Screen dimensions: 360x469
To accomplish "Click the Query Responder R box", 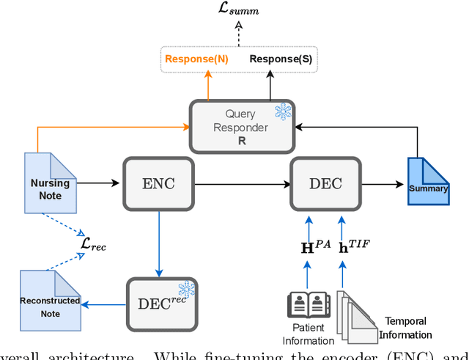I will [241, 126].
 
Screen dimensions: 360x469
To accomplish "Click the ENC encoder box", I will [158, 183].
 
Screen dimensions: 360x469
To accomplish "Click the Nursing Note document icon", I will [50, 183].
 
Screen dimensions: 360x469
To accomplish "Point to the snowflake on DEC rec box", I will [188, 288].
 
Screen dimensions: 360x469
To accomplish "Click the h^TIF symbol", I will [352, 247].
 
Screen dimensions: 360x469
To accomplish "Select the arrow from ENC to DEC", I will [242, 183].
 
